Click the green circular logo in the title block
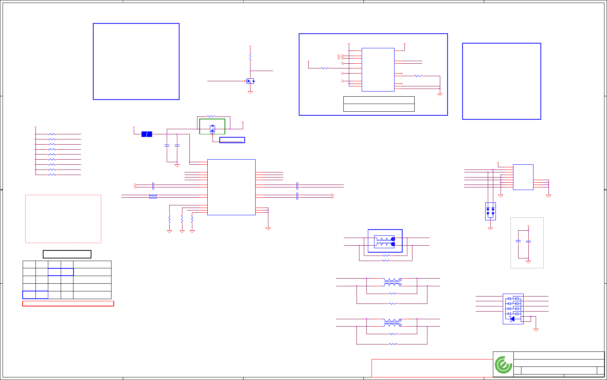tap(503, 365)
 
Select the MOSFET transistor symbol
tap(250, 81)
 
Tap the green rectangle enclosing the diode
tap(212, 127)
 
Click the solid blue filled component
tap(147, 134)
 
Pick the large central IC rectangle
tap(231, 187)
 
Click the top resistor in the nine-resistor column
tap(52, 134)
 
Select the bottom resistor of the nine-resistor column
tap(52, 175)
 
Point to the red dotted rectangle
tap(63, 219)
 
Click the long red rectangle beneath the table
tap(68, 303)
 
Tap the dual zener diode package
tap(490, 211)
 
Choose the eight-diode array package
tap(513, 309)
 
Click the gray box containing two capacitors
tap(527, 243)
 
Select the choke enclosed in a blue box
tap(385, 241)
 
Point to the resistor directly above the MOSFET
tap(250, 57)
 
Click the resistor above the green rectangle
tap(211, 116)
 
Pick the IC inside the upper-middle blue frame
tap(378, 70)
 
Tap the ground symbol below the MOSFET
tap(250, 92)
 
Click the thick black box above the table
tap(67, 254)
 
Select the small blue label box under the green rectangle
tap(232, 140)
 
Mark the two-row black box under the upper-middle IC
tap(379, 104)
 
